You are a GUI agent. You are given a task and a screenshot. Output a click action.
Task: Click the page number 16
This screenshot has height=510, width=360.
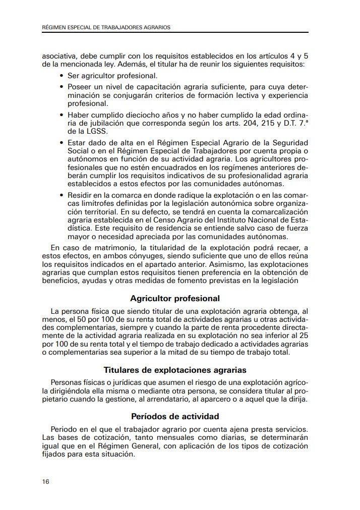tap(46, 482)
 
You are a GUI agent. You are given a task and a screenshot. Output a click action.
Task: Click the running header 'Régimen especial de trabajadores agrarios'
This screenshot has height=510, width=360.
tap(106, 28)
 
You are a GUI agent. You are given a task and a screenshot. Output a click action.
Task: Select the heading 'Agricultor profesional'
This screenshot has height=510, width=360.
tap(174, 299)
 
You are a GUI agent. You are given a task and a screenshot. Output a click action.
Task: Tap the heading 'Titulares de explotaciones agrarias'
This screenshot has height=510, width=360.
tap(174, 370)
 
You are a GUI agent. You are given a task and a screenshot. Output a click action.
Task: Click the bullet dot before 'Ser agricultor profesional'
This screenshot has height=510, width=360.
tap(62, 76)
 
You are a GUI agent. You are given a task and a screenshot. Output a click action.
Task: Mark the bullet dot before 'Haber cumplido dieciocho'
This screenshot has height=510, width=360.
tap(62, 115)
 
